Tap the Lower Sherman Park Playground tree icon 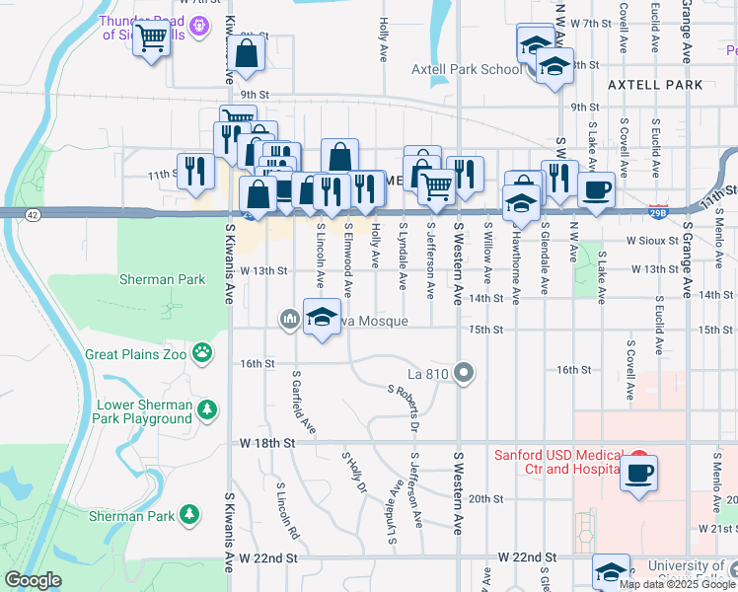(207, 408)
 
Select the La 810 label (429, 374)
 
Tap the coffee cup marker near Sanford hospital (638, 473)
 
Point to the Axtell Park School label (467, 69)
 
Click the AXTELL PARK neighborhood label (655, 85)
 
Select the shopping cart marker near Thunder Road (151, 39)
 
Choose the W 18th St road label (267, 444)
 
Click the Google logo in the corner (33, 580)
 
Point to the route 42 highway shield (33, 213)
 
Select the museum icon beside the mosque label (290, 318)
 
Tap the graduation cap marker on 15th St (321, 318)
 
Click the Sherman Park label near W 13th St (163, 279)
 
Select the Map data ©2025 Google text (677, 583)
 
